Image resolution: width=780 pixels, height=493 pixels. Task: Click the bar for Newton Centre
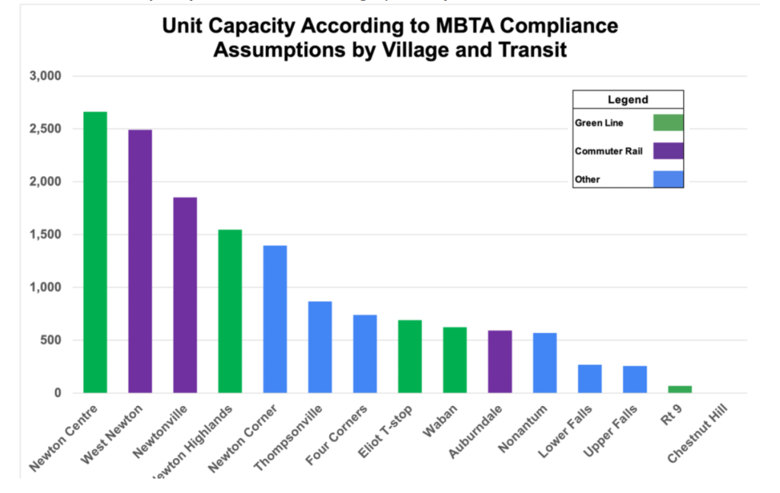point(95,252)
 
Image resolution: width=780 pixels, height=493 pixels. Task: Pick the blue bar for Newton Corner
point(275,319)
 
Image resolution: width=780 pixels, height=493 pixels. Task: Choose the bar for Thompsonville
point(320,347)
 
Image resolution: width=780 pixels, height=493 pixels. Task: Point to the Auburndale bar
point(500,361)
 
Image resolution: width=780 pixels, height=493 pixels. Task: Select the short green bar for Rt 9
point(679,389)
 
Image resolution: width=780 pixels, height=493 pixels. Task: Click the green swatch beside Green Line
point(668,123)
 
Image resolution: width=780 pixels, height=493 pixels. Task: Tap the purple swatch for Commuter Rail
point(668,151)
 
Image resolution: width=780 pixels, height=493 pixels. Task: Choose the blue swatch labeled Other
point(668,179)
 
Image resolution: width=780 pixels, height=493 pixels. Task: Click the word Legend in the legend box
point(628,99)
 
